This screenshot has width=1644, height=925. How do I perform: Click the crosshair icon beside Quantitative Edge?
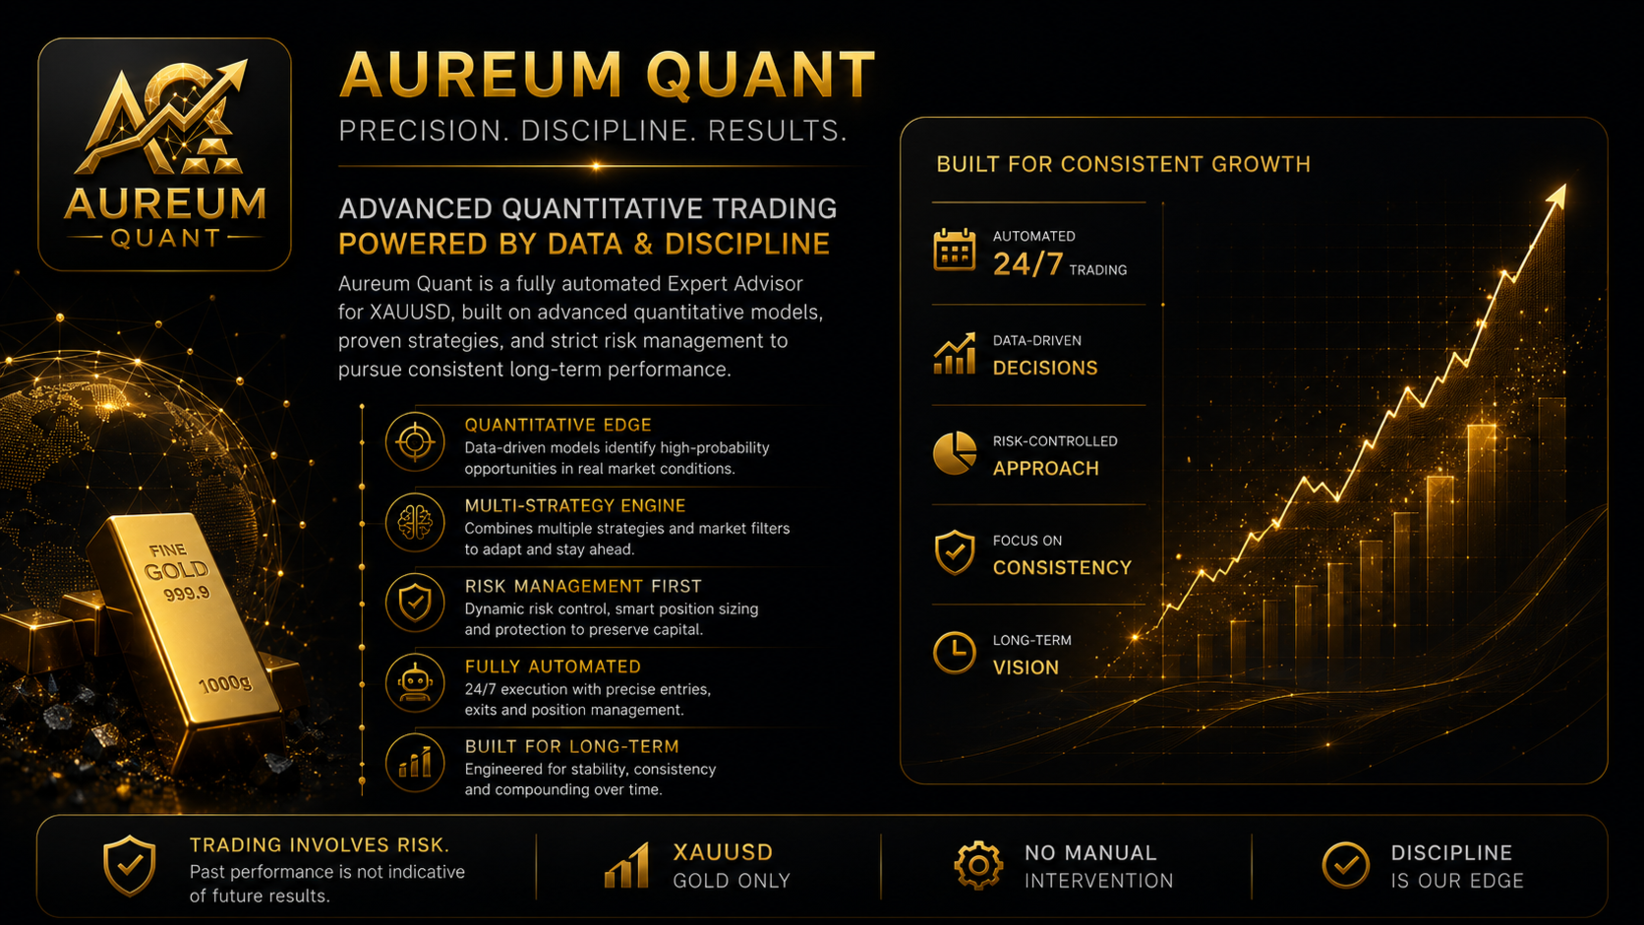pyautogui.click(x=415, y=442)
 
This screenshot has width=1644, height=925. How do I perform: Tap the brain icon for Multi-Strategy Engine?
pyautogui.click(x=415, y=522)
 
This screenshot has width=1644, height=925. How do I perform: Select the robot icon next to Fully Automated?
pyautogui.click(x=415, y=683)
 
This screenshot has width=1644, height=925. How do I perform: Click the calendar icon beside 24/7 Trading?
pyautogui.click(x=954, y=250)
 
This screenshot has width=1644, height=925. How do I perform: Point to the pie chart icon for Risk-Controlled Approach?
pyautogui.click(x=954, y=452)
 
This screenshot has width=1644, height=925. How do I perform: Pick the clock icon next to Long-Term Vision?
pyautogui.click(x=954, y=652)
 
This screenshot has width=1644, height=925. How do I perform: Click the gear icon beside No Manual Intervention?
pyautogui.click(x=978, y=866)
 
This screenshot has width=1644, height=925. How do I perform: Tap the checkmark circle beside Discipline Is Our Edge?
pyautogui.click(x=1345, y=866)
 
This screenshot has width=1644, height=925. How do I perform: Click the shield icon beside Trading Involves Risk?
pyautogui.click(x=129, y=866)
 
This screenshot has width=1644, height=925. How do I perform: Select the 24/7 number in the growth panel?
pyautogui.click(x=1027, y=264)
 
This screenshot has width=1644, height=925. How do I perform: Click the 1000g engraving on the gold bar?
pyautogui.click(x=225, y=684)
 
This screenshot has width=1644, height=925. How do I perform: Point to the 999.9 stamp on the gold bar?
pyautogui.click(x=187, y=592)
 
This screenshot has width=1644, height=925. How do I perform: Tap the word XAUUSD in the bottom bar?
pyautogui.click(x=723, y=852)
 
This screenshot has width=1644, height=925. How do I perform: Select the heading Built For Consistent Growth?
pyautogui.click(x=1123, y=164)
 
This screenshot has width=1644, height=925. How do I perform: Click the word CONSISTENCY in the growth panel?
pyautogui.click(x=1062, y=568)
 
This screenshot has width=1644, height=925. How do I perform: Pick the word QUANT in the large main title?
pyautogui.click(x=760, y=75)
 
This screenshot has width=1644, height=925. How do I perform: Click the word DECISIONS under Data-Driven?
pyautogui.click(x=1045, y=368)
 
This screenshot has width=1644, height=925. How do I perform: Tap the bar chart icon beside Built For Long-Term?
pyautogui.click(x=415, y=763)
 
